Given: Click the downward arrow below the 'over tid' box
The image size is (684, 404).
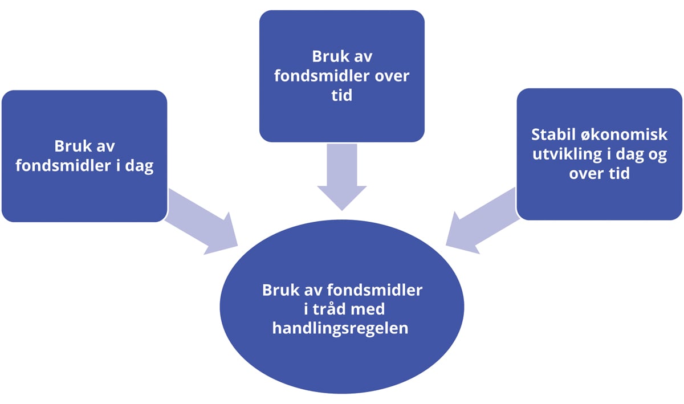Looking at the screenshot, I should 341,174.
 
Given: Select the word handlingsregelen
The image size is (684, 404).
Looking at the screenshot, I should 340,329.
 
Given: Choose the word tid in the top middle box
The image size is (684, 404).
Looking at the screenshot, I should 341,95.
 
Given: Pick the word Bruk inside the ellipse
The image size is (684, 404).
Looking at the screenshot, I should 280,290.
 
